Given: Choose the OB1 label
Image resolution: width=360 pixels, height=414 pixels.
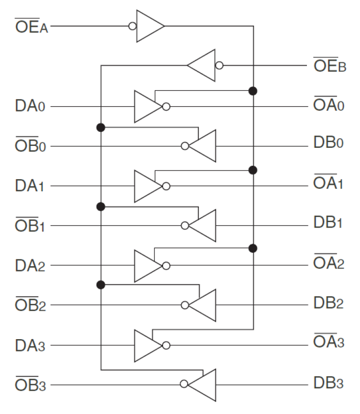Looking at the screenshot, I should (x=30, y=226).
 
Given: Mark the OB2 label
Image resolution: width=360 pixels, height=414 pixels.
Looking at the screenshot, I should (x=30, y=305).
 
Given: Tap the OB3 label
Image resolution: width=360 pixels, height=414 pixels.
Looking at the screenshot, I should (x=30, y=385).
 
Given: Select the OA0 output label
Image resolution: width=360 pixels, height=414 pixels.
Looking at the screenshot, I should (x=329, y=105).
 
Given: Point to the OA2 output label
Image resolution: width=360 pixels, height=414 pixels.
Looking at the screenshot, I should (x=329, y=265).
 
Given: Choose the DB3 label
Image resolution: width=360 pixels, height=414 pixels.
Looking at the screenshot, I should (x=329, y=385).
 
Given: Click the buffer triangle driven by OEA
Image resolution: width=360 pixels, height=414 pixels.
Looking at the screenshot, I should (x=149, y=26).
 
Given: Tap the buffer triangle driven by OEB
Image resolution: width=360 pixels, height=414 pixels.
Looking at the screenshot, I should (x=203, y=65).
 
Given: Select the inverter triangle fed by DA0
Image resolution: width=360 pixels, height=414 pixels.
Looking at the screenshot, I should (x=147, y=106).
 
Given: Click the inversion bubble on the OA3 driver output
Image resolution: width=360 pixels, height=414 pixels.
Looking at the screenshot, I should (x=166, y=345).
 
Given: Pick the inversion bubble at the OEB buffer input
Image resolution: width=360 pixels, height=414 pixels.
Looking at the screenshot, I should (x=220, y=65).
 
